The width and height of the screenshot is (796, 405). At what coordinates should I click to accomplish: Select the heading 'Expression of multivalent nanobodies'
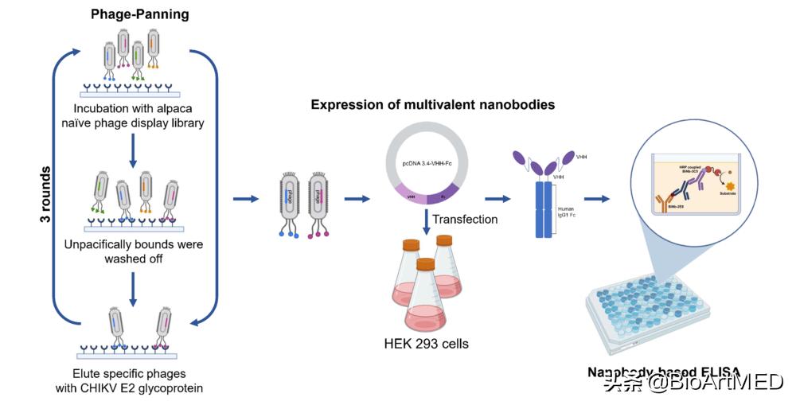coord(432,105)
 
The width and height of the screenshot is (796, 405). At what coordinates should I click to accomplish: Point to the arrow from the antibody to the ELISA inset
coord(599,197)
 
